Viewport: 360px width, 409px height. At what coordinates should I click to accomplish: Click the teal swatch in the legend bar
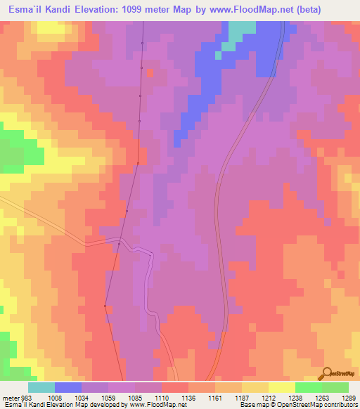(x=41, y=387)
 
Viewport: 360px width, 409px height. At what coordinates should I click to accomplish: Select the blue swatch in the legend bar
(x=68, y=387)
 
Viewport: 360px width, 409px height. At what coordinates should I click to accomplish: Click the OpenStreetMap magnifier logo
(x=327, y=372)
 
